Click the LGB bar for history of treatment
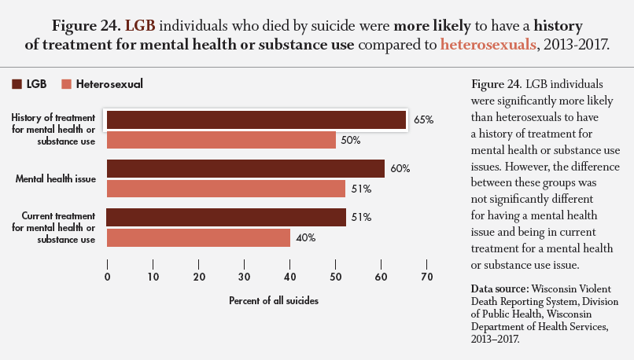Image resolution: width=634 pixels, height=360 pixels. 256,119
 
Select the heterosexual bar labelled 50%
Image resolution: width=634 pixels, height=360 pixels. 222,140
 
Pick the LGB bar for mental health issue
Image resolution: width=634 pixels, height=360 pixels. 245,168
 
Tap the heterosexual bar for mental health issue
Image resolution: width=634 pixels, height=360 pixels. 225,189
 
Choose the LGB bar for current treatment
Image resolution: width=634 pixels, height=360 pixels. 225,217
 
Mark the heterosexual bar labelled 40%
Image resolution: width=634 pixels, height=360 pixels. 198,237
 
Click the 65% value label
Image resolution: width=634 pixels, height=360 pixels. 424,119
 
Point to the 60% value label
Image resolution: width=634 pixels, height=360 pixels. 400,168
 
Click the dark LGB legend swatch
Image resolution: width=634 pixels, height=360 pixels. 17,83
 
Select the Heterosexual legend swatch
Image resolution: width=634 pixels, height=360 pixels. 66,83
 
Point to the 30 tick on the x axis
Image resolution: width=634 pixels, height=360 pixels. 245,276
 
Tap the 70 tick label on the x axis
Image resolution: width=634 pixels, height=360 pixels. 427,276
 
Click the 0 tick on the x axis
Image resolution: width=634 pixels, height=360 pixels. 107,276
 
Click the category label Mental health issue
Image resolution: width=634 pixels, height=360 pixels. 56,178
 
